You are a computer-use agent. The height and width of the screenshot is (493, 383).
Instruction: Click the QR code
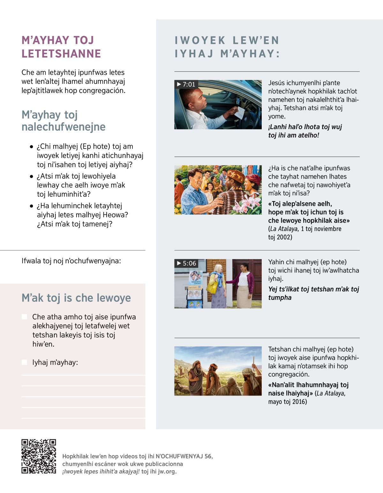39,456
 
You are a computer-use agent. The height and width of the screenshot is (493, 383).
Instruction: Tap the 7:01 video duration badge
186,84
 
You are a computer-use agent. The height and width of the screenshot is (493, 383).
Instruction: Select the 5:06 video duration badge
186,263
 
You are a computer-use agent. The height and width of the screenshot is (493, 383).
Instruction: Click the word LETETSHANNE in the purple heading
61,54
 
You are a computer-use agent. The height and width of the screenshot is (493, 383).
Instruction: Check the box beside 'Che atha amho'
24,317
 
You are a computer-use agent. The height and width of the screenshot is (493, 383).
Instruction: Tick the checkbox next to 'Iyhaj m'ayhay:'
24,362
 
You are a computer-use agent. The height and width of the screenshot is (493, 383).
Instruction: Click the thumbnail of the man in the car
218,105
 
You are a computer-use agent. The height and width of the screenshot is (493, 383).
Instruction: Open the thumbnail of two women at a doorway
218,284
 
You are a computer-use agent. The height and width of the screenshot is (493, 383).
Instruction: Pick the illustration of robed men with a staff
218,371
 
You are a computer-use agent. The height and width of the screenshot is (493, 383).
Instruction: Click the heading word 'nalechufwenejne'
64,127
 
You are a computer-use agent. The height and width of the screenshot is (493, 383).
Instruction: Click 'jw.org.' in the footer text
167,471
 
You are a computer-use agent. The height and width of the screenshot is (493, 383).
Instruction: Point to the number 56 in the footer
208,456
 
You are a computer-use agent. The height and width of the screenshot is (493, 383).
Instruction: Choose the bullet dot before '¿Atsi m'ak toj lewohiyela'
31,176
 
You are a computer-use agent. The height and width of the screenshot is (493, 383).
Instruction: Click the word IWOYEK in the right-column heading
200,40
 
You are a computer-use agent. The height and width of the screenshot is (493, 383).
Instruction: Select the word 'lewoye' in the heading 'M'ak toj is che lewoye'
114,298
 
